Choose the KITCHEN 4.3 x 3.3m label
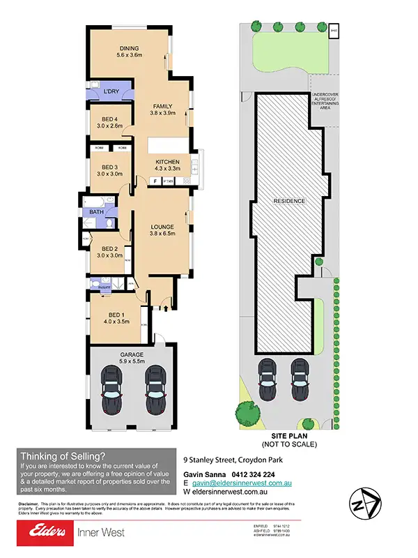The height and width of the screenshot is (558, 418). pos(167,165)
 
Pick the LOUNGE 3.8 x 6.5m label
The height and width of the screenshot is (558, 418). pos(162,231)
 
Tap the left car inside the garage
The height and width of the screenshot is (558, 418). pos(111,393)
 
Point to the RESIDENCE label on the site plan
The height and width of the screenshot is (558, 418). pos(289,201)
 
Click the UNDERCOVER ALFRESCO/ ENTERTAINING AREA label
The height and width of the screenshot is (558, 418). pos(325,102)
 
